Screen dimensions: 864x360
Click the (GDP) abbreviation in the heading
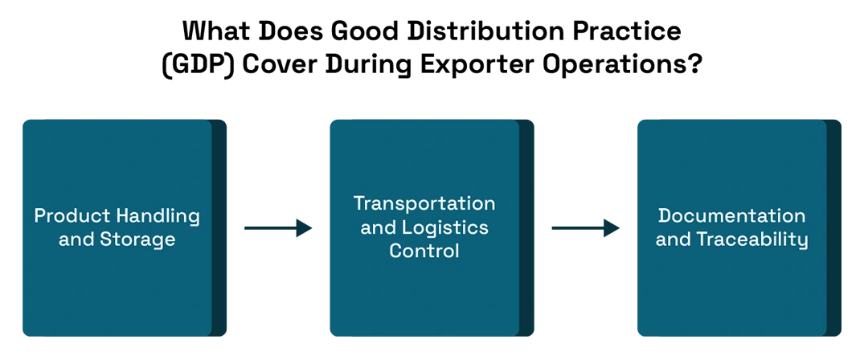tap(198, 65)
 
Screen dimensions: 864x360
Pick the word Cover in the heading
tap(281, 64)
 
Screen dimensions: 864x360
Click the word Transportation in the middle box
tap(424, 203)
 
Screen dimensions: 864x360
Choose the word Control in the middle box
tap(424, 251)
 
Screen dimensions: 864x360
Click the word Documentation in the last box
tap(731, 215)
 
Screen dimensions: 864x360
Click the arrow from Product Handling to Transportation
tap(278, 227)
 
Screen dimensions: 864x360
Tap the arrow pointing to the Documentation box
tap(586, 227)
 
